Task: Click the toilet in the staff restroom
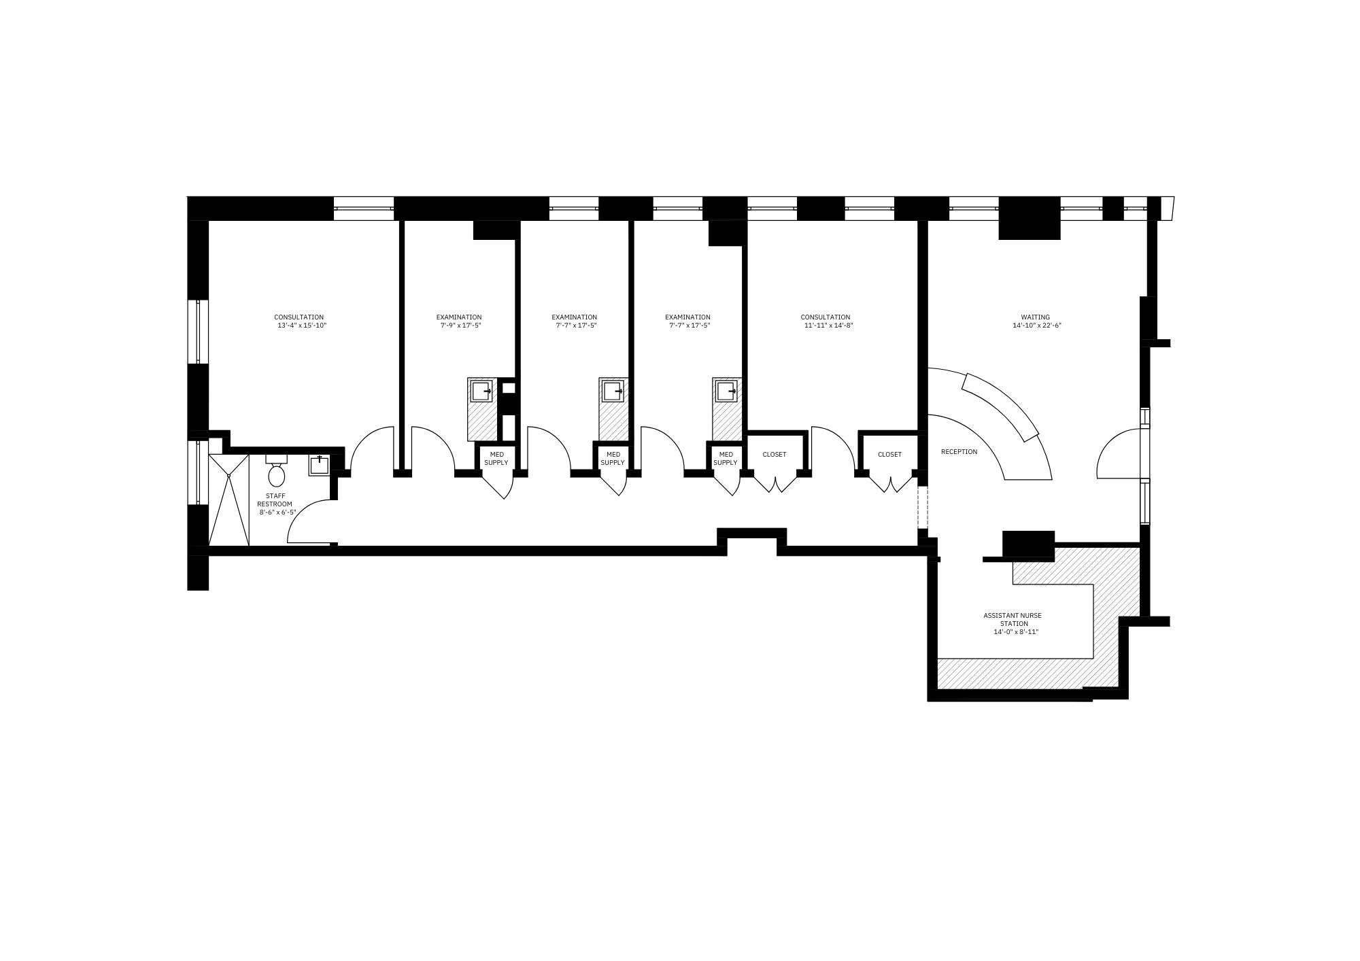(276, 470)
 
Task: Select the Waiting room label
(1035, 317)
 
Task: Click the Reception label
(959, 452)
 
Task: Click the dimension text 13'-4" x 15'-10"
(302, 326)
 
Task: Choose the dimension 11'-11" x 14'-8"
(828, 326)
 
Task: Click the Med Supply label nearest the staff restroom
(496, 459)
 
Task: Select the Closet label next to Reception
(889, 455)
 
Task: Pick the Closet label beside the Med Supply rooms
(775, 455)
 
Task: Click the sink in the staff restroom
(319, 465)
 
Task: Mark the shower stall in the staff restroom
(228, 500)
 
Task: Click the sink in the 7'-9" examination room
(481, 391)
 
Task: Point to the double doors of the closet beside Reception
(889, 483)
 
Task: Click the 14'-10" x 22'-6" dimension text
(1037, 326)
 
